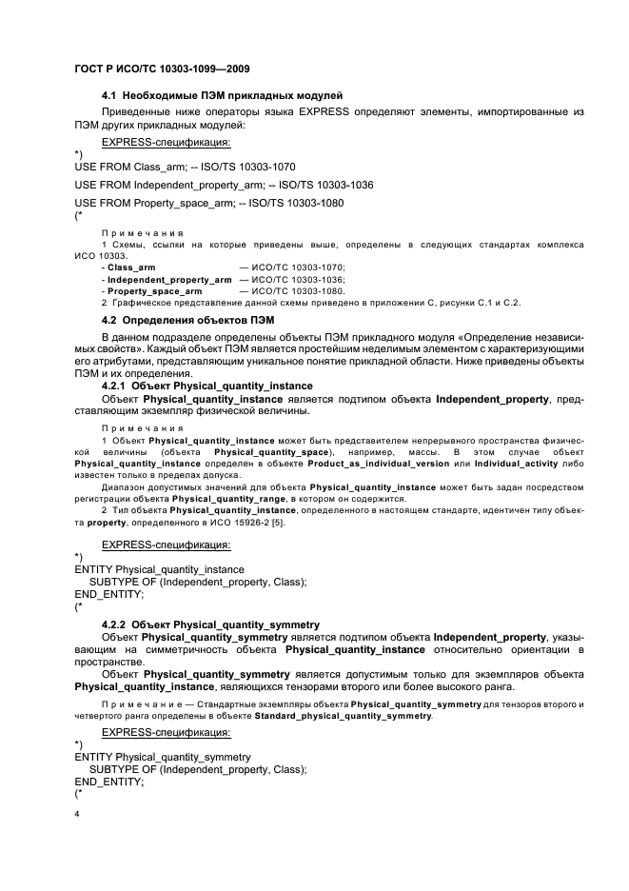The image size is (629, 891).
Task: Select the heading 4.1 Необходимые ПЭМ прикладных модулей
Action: pos(222,95)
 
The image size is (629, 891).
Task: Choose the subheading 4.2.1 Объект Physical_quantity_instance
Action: pos(206,386)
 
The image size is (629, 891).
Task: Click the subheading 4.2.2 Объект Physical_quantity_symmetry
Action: pos(210,624)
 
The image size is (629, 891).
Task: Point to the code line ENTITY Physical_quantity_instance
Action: pos(159,569)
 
